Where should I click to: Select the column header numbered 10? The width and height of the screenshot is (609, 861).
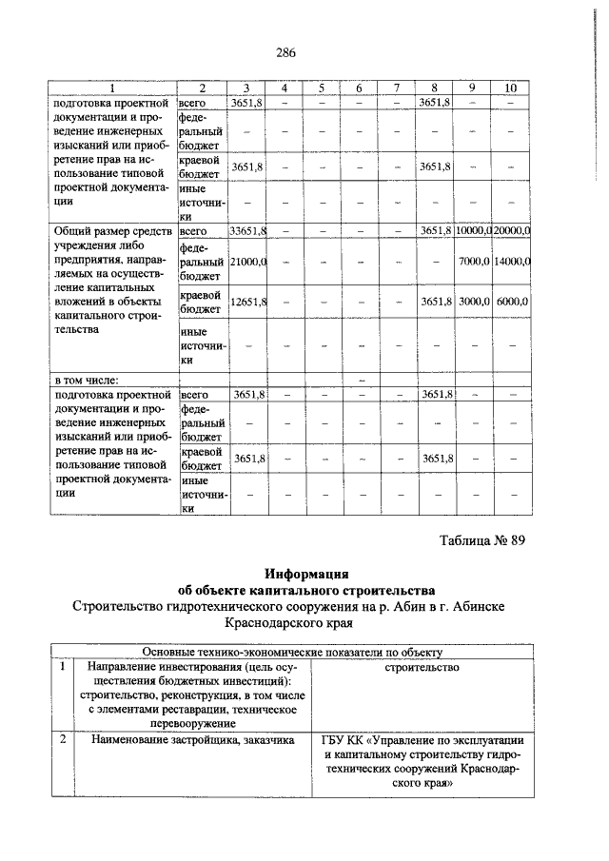point(511,88)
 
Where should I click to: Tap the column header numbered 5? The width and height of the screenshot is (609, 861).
point(322,88)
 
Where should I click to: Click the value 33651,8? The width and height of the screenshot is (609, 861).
point(248,231)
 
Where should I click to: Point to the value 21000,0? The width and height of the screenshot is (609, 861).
point(248,261)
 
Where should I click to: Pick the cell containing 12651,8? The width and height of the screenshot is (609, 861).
point(248,302)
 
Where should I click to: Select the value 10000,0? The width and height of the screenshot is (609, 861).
point(473,231)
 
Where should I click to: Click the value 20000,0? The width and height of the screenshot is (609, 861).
point(512,231)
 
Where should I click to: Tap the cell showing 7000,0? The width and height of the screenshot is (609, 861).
point(473,261)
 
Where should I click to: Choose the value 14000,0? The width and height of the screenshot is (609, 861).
point(512,261)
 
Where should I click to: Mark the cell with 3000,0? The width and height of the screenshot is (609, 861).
point(473,302)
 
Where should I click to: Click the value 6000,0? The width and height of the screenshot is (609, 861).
point(512,302)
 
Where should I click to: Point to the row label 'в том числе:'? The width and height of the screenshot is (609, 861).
point(87,381)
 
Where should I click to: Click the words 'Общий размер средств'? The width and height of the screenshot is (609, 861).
point(113,231)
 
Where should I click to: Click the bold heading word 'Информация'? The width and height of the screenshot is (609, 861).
point(306,574)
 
